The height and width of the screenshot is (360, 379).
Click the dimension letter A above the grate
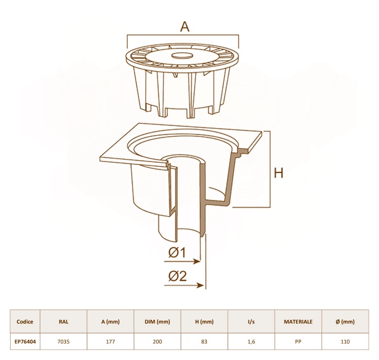pyautogui.click(x=185, y=27)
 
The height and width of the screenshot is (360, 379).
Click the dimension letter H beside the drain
pyautogui.click(x=278, y=173)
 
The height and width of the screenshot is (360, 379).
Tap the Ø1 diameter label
pyautogui.click(x=177, y=252)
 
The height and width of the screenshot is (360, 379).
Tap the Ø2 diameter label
pyautogui.click(x=178, y=276)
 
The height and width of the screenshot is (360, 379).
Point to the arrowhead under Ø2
pyautogui.click(x=200, y=286)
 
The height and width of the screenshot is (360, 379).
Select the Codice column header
pyautogui.click(x=25, y=322)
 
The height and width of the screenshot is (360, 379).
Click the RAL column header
pyautogui.click(x=64, y=322)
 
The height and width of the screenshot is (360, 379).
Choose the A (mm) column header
pyautogui.click(x=110, y=322)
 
